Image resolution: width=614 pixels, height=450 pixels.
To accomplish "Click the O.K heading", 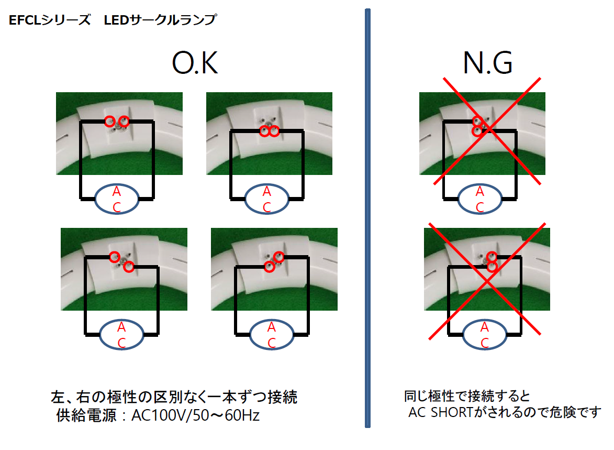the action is (195, 63).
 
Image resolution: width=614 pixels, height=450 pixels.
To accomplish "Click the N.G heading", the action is (487, 63).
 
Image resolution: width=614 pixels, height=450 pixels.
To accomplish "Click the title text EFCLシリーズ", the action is (50, 19).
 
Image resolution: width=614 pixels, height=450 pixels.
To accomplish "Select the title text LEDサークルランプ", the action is (160, 19).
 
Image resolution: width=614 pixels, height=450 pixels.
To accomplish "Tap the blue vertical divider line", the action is (367, 218).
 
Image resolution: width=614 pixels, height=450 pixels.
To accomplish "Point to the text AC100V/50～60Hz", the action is (195, 415).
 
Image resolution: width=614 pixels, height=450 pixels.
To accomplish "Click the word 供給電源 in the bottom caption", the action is (86, 415).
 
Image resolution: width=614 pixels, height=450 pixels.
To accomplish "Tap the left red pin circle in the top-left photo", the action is (110, 121).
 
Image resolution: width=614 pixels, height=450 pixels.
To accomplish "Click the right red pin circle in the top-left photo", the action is (124, 121).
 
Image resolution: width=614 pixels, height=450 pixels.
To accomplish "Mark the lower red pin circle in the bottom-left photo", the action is (128, 267).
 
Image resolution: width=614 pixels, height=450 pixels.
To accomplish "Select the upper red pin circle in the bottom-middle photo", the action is (279, 257).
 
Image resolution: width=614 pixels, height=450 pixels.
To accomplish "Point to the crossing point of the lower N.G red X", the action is (486, 281).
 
